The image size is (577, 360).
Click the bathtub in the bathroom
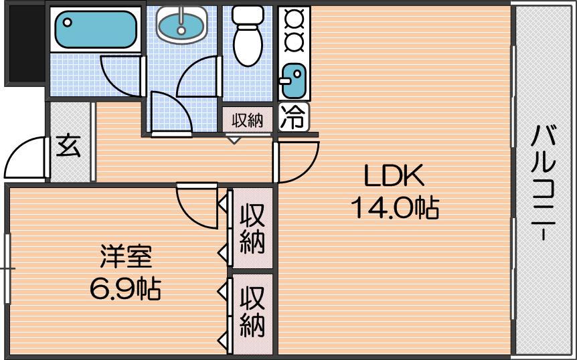coord(96,29)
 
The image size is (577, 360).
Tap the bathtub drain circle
coord(68,23)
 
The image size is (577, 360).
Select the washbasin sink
coord(181,24)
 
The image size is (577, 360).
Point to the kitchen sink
coord(293,81)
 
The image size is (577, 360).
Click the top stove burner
coord(294,18)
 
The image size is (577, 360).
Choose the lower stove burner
coord(294,41)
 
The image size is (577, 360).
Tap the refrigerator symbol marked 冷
coord(294,117)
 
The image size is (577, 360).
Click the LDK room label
coord(394,176)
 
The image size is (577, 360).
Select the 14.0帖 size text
coord(395,207)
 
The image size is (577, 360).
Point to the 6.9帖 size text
coord(125,288)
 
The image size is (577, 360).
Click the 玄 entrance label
coord(68,146)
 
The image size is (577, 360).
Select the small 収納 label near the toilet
coord(248,120)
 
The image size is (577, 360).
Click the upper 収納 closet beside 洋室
coord(252,229)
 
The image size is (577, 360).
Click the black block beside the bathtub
coord(25,43)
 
